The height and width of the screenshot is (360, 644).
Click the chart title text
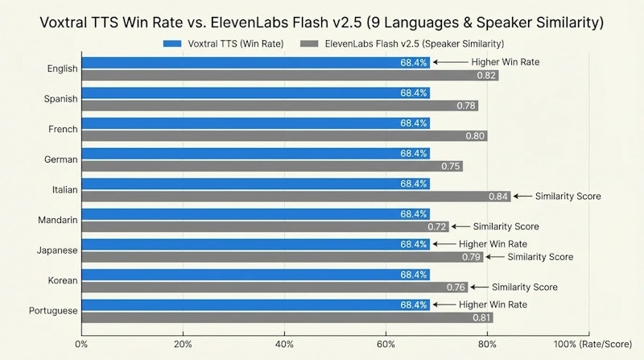point(322,22)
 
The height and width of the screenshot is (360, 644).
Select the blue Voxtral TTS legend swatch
point(182,43)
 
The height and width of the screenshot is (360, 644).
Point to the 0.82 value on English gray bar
point(486,75)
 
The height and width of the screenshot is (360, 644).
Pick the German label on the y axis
point(60,159)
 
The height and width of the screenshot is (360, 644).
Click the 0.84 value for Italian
point(498,196)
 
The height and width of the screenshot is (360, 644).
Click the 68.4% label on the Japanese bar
point(415,244)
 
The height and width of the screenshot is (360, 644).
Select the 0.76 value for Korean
point(456,287)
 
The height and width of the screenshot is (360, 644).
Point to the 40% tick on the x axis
point(284,344)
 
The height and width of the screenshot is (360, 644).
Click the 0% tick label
point(81,344)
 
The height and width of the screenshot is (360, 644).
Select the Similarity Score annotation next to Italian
point(568,196)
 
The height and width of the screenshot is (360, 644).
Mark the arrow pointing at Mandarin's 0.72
point(460,226)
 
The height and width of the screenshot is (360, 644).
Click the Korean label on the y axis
point(63,280)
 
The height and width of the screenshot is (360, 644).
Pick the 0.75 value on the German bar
point(451,166)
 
